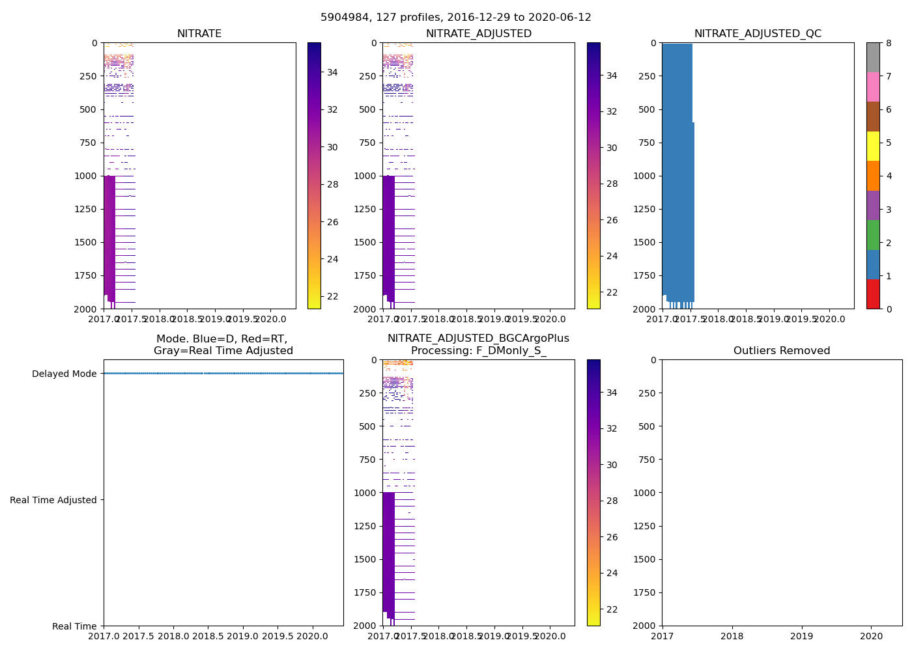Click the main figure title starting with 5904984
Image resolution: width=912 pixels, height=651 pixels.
point(456,18)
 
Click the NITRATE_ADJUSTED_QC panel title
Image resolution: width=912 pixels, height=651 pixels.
point(758,34)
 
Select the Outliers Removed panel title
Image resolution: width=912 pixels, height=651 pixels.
point(782,351)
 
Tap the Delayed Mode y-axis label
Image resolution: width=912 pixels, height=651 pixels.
point(64,374)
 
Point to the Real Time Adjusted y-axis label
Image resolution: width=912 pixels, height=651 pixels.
point(53,500)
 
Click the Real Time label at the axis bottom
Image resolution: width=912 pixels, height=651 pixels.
point(74,626)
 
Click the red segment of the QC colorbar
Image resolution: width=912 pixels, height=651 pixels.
point(873,294)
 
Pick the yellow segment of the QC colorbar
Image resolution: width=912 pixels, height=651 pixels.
point(873,146)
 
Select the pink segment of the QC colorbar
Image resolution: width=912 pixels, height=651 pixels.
point(873,87)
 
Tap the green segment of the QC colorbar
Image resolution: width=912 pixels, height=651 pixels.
point(873,234)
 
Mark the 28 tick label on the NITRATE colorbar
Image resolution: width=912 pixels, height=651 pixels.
point(332,184)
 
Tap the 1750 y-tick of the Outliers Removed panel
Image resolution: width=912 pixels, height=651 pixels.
point(644,592)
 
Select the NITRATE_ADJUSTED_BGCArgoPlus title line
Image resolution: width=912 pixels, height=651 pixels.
point(478,339)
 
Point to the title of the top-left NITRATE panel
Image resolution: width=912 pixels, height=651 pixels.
point(199,34)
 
